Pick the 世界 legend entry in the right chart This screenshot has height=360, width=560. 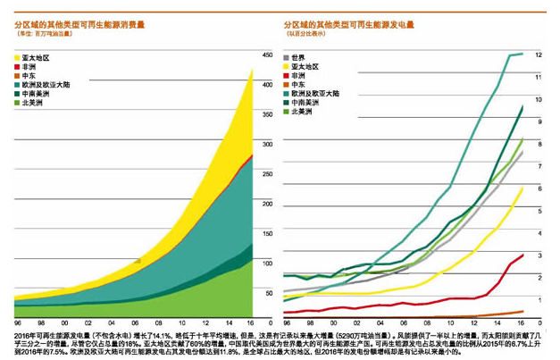(x=297, y=58)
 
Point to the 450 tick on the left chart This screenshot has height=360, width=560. (x=265, y=55)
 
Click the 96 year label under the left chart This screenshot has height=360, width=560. (x=18, y=323)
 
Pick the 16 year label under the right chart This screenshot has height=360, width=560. (x=522, y=323)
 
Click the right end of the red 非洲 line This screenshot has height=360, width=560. (x=522, y=255)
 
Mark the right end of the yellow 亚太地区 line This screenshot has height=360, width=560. (x=522, y=188)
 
